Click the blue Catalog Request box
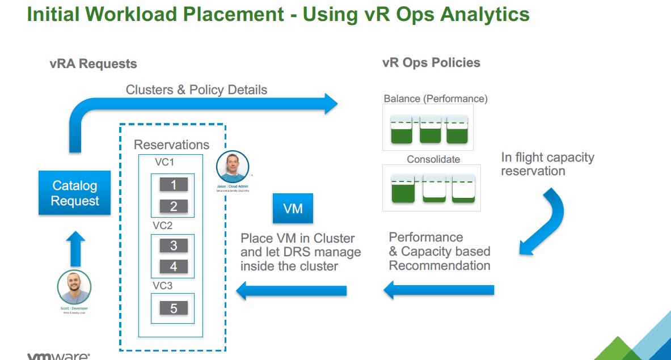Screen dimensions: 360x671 coord(75,193)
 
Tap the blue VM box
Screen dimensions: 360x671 coord(293,209)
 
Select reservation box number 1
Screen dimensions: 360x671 coord(174,185)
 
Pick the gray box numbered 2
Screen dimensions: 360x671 coord(174,206)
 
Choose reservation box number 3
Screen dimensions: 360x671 coord(174,245)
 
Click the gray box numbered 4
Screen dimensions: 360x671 coord(174,266)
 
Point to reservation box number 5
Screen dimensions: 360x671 coord(174,308)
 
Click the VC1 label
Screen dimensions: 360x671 coord(164,163)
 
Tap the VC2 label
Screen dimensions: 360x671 coord(163,225)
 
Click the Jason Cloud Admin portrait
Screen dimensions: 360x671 coord(233,167)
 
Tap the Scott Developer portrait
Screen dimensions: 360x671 coord(74,287)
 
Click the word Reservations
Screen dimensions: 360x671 coord(171,145)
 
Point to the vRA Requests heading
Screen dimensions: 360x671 coord(93,64)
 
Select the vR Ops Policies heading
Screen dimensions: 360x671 coord(431,62)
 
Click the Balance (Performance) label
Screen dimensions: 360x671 coord(436,99)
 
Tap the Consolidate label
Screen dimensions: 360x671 coord(433,159)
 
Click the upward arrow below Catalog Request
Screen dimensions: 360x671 coord(75,248)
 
